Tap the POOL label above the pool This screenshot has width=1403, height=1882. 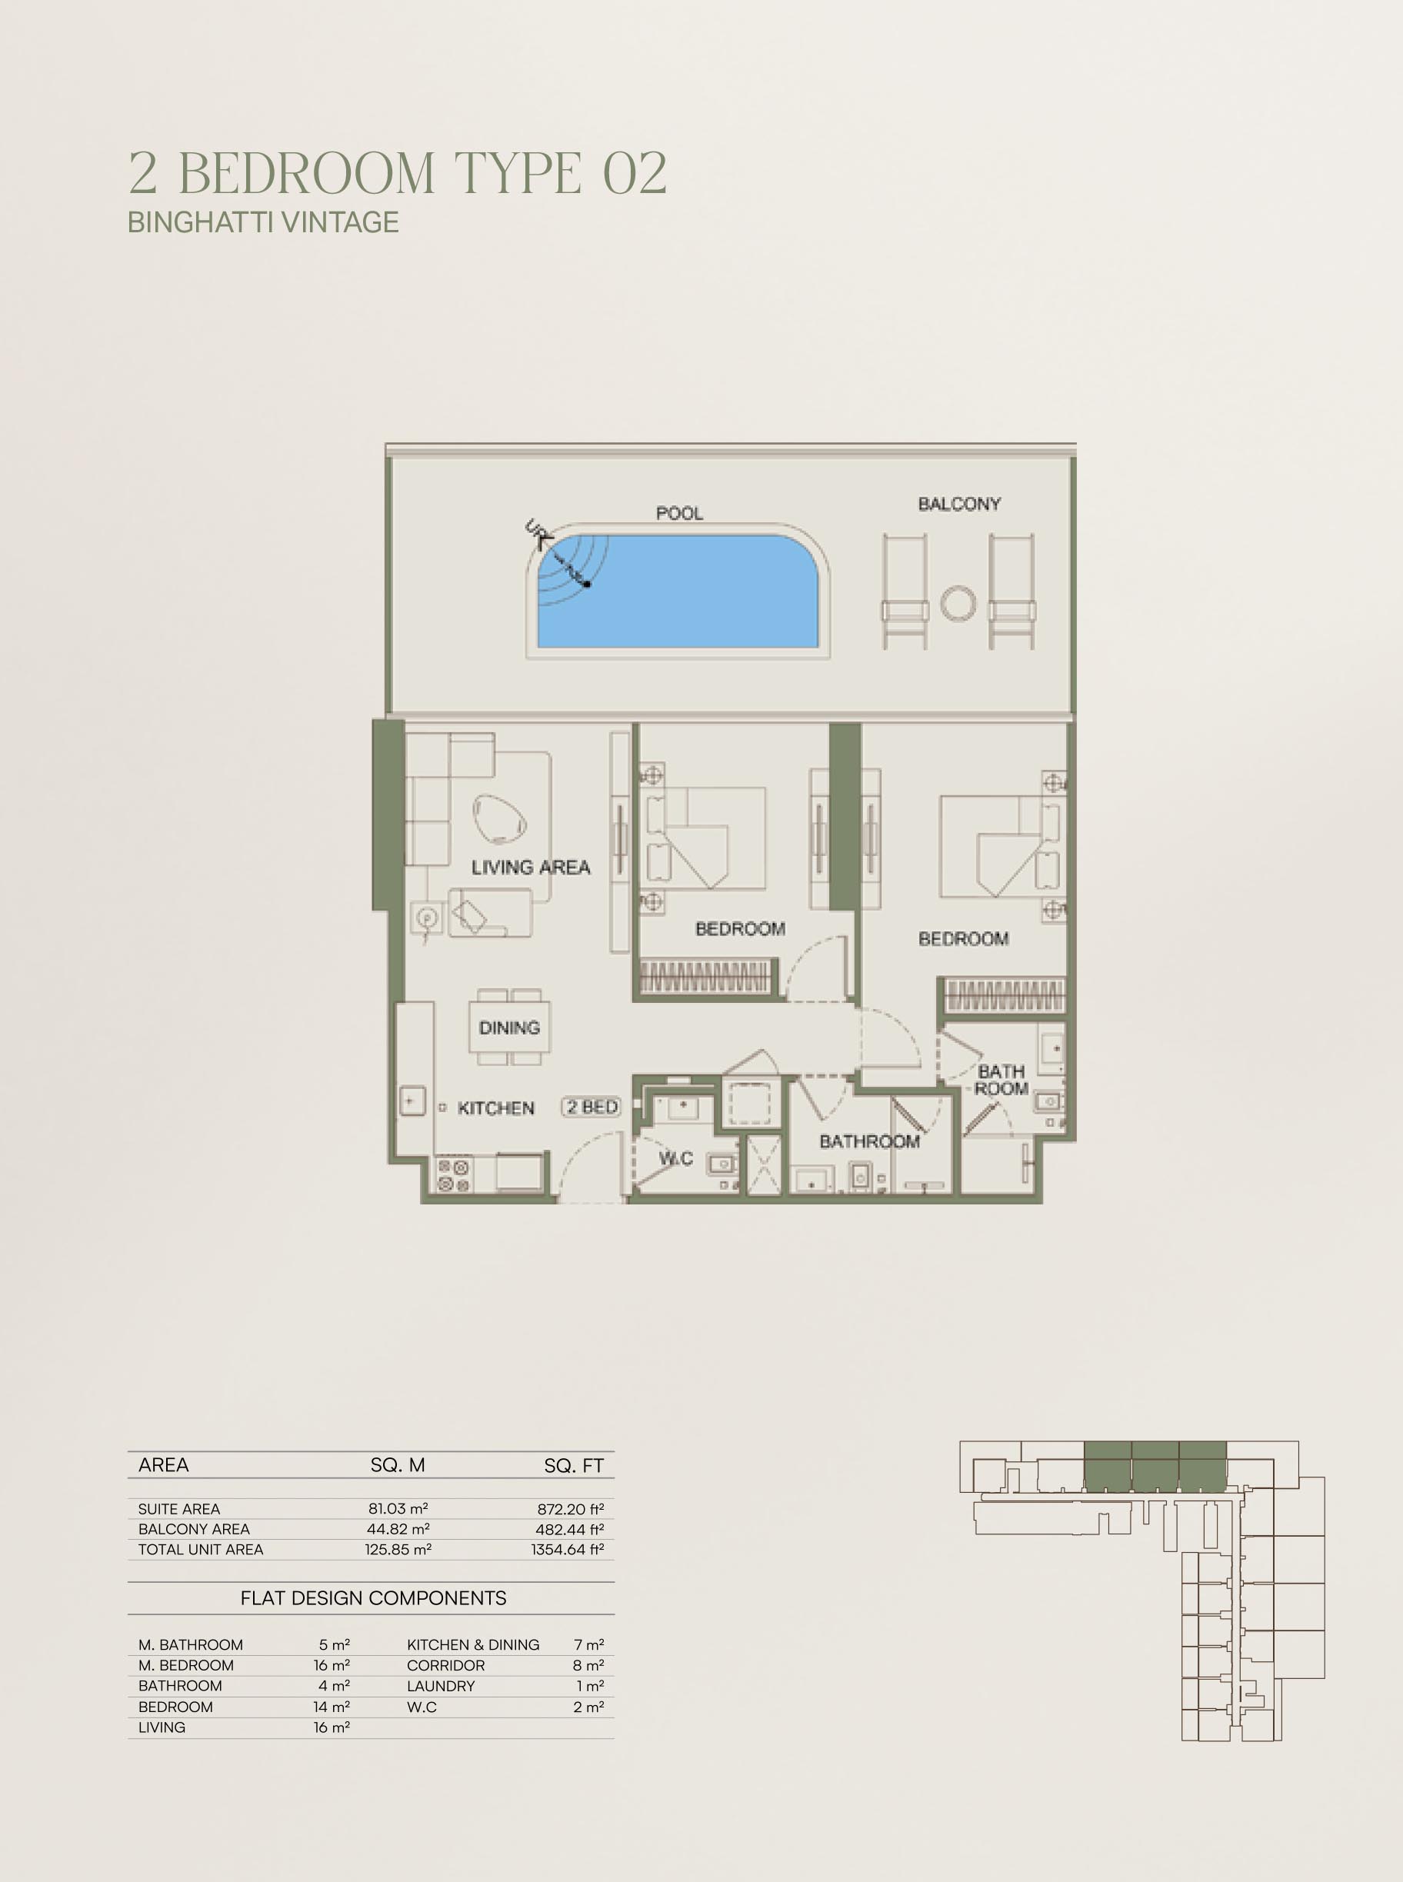679,513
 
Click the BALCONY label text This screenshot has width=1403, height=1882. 960,504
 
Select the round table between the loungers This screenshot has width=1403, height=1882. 958,604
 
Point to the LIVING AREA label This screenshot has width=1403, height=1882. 531,867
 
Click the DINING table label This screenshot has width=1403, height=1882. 509,1028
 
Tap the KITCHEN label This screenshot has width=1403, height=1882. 496,1108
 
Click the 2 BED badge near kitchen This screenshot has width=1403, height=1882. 592,1107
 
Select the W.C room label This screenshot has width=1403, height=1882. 677,1158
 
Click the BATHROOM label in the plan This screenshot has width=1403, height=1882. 870,1141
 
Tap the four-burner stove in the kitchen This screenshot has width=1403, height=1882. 452,1174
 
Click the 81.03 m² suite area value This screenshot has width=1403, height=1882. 398,1508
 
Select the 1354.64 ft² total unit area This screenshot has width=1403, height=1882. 568,1549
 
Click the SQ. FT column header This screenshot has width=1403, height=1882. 574,1465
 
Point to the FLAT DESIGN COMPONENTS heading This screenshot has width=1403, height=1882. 374,1598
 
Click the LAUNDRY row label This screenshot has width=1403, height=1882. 441,1686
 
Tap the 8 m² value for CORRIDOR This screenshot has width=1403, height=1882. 588,1665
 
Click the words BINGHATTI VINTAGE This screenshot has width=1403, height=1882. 263,222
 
